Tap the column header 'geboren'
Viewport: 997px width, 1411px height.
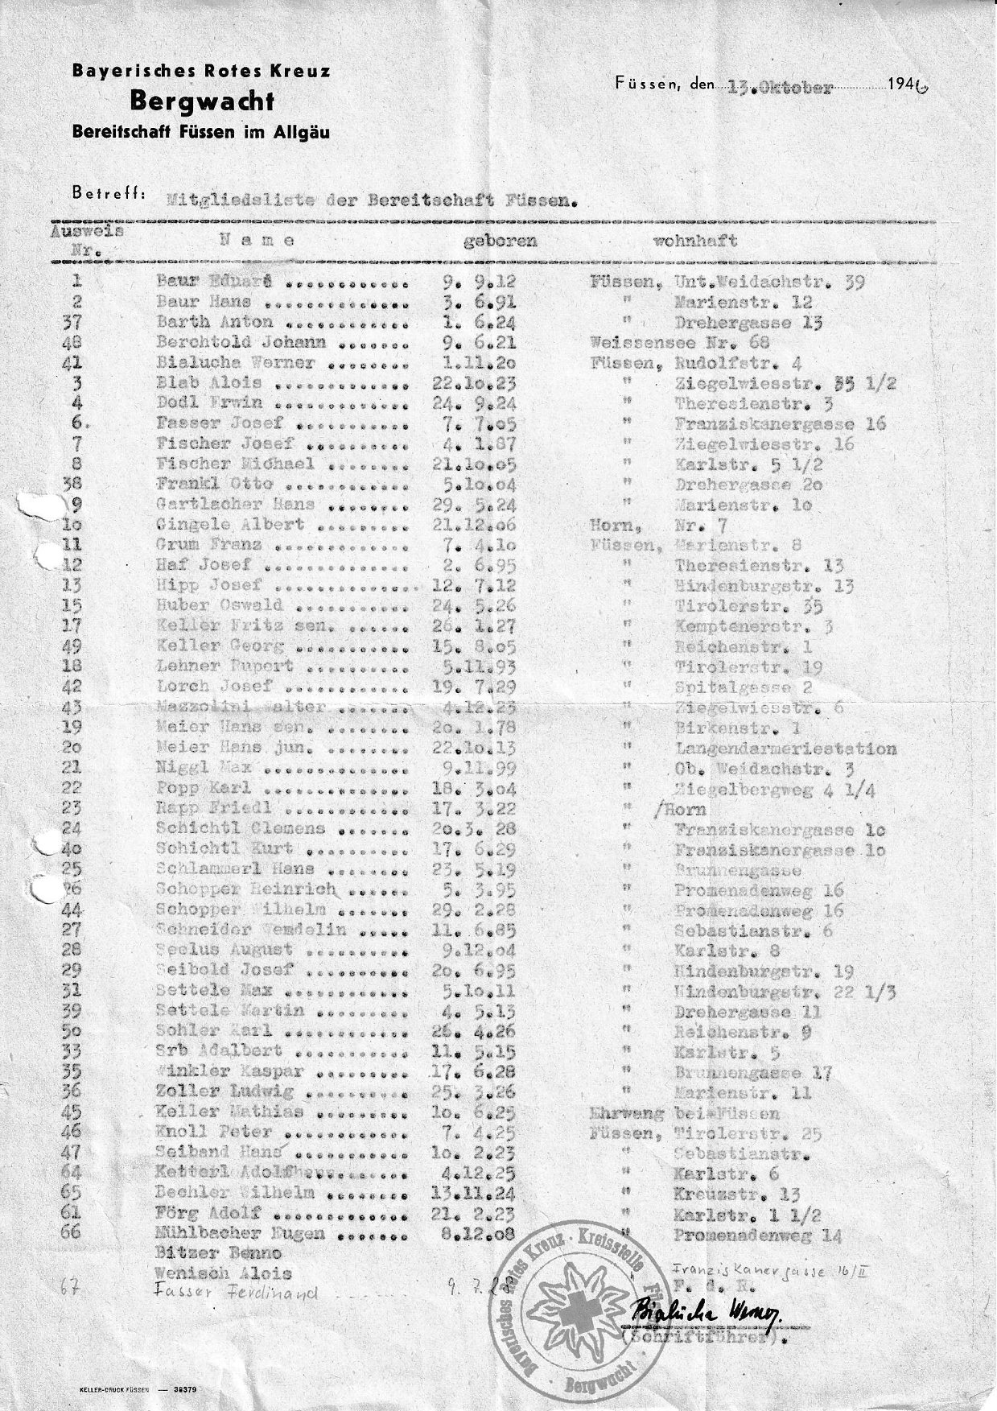(499, 241)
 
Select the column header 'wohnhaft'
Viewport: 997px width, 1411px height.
(696, 241)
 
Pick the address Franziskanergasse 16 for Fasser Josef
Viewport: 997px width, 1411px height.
(781, 423)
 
